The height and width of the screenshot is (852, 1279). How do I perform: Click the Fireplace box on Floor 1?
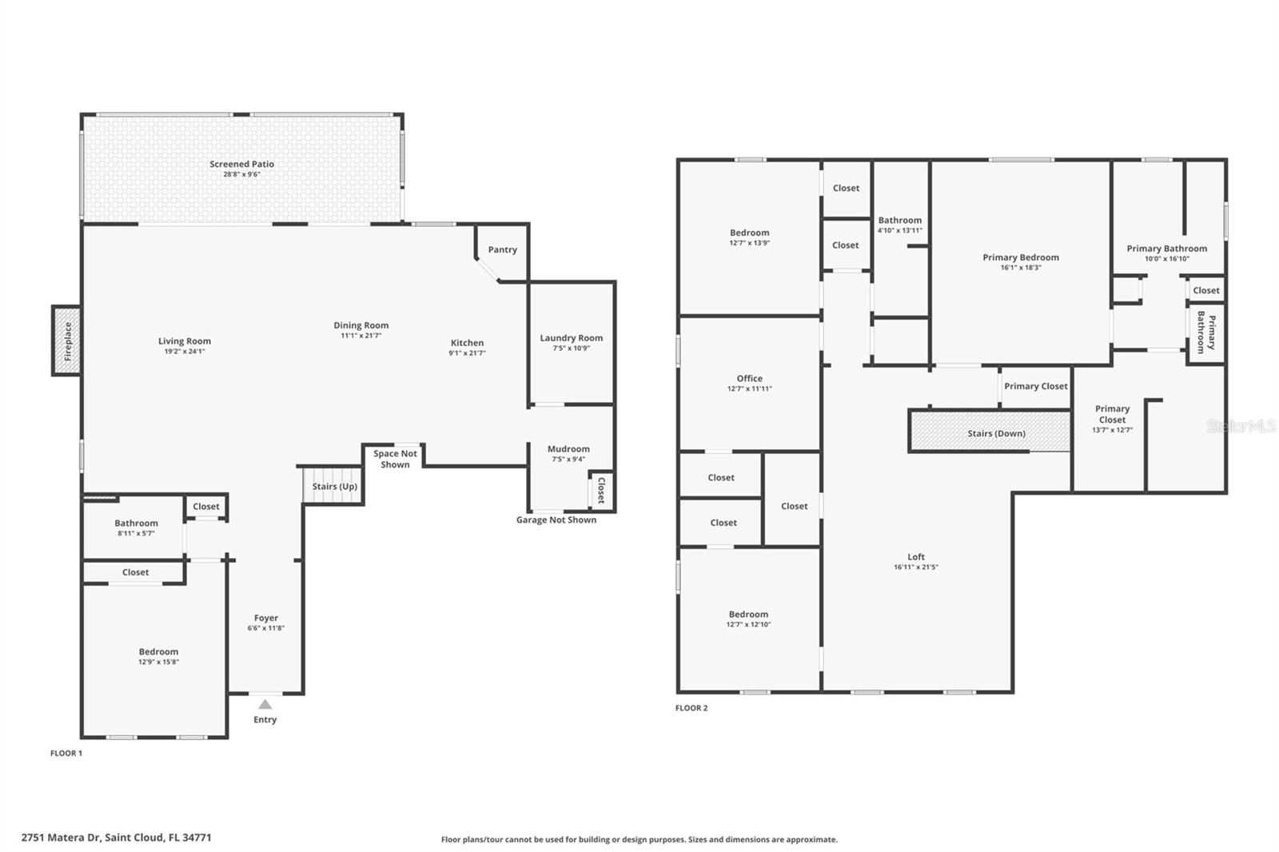click(67, 341)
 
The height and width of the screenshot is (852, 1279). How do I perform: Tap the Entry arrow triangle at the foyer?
click(265, 705)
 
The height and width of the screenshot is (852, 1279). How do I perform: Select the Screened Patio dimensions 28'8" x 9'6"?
click(241, 174)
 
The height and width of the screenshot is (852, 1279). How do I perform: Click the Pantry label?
click(503, 249)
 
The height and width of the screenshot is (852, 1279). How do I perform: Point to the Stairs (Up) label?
click(335, 487)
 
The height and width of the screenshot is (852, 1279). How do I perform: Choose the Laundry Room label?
click(572, 338)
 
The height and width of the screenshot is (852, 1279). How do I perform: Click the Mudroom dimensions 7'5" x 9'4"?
click(568, 459)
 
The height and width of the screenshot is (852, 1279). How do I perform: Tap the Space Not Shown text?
click(395, 459)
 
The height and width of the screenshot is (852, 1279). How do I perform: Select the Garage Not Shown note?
click(556, 520)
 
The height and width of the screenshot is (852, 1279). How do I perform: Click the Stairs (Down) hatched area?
click(990, 431)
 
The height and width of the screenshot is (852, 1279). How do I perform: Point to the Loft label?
click(916, 557)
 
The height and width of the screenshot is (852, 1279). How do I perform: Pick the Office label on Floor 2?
click(749, 379)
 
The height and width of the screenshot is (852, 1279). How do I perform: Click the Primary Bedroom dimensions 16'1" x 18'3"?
click(1021, 267)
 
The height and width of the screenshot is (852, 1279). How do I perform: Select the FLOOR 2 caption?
click(691, 708)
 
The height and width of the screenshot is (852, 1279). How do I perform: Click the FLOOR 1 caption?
click(66, 753)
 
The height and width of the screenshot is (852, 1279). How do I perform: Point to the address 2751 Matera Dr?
click(61, 838)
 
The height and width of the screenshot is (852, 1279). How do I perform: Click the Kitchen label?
click(467, 343)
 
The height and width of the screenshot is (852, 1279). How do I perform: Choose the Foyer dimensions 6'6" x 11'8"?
click(266, 628)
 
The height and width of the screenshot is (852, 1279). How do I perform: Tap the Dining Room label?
click(361, 325)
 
